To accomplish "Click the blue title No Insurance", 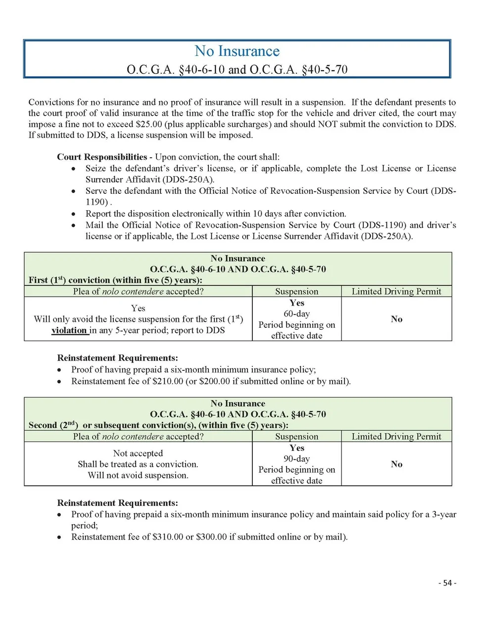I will click(237, 51).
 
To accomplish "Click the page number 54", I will click(447, 583).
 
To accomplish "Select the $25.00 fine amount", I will click(148, 124).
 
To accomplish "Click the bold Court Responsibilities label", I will click(102, 157).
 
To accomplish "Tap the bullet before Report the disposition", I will click(74, 214).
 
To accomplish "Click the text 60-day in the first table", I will click(296, 313).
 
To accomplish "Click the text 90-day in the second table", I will click(296, 458).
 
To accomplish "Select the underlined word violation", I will click(69, 330).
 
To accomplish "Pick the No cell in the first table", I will click(396, 319).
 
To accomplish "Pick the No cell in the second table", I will click(396, 464).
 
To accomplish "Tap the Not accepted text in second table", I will click(138, 453).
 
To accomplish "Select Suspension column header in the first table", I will click(296, 291).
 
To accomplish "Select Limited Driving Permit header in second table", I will click(396, 436).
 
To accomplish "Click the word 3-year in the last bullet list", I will click(444, 514).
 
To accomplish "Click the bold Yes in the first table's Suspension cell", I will click(296, 303).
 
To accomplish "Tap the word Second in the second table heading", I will click(43, 425).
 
